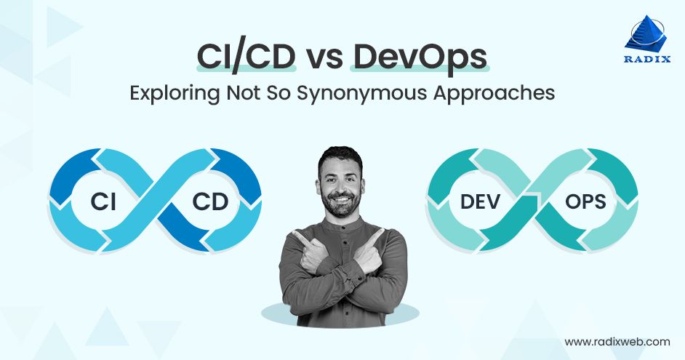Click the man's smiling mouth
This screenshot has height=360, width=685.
[342, 196]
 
